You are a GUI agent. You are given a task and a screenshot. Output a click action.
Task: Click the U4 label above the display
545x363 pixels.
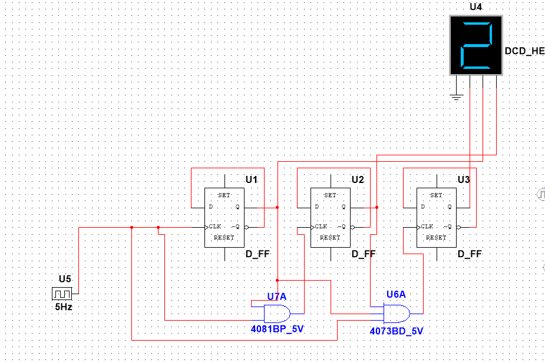pos(475,7)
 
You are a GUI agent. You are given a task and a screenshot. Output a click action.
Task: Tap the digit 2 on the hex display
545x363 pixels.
pos(476,45)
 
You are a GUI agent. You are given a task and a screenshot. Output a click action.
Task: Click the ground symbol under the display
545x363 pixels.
pos(457,97)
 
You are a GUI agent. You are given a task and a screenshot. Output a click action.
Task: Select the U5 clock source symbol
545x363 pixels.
pos(62,294)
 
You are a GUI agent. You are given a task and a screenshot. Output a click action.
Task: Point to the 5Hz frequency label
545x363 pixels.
pos(64,307)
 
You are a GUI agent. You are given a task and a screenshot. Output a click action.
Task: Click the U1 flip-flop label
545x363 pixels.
pos(252,179)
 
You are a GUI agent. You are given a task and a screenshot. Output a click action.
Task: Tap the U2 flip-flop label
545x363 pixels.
pos(358,179)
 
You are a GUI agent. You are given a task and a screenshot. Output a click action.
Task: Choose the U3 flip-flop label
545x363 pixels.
pos(464,179)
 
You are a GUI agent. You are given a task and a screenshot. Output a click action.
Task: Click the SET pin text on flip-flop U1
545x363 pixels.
pos(224,195)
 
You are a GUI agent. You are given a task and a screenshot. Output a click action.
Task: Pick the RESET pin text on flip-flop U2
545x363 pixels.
pos(330,237)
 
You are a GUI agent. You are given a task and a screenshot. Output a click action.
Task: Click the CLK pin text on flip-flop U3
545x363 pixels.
pos(427,227)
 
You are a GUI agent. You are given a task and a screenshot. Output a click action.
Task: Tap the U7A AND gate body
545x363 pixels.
pos(277,314)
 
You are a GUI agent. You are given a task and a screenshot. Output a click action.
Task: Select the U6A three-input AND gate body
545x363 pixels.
pos(397,314)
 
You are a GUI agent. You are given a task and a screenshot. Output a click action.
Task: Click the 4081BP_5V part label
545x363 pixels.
pos(277,329)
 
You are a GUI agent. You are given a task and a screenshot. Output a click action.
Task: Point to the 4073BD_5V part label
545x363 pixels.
pos(397,331)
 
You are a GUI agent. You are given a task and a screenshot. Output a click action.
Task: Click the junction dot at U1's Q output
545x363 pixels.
pos(278,208)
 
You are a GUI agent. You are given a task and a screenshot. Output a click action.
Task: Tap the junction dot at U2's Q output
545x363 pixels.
pos(376,208)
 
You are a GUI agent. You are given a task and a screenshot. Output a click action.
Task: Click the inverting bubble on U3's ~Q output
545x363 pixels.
pos(458,227)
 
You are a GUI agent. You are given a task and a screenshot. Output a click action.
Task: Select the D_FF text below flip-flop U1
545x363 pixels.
pos(257,254)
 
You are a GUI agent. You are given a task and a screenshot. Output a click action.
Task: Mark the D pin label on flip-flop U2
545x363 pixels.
pos(316,207)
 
